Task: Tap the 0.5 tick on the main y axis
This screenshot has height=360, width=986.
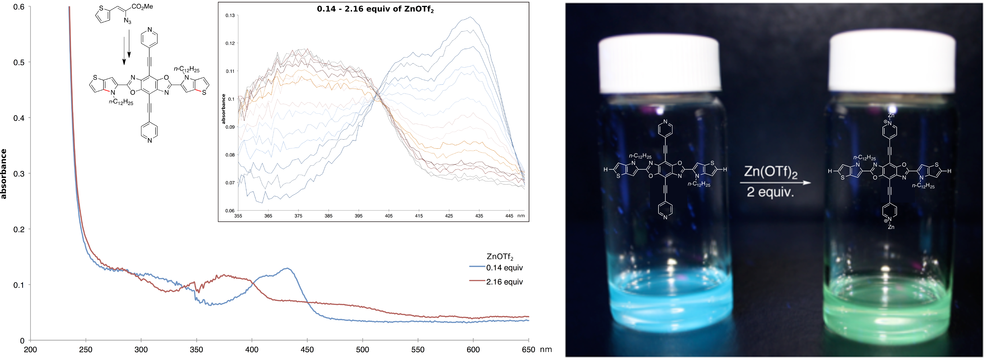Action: pos(19,62)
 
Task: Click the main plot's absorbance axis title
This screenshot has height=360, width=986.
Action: pos(4,174)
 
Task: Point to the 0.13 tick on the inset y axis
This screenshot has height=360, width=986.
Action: pos(230,16)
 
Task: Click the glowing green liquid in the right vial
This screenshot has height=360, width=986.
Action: pos(884,306)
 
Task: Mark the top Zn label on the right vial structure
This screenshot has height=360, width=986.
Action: pos(891,115)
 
